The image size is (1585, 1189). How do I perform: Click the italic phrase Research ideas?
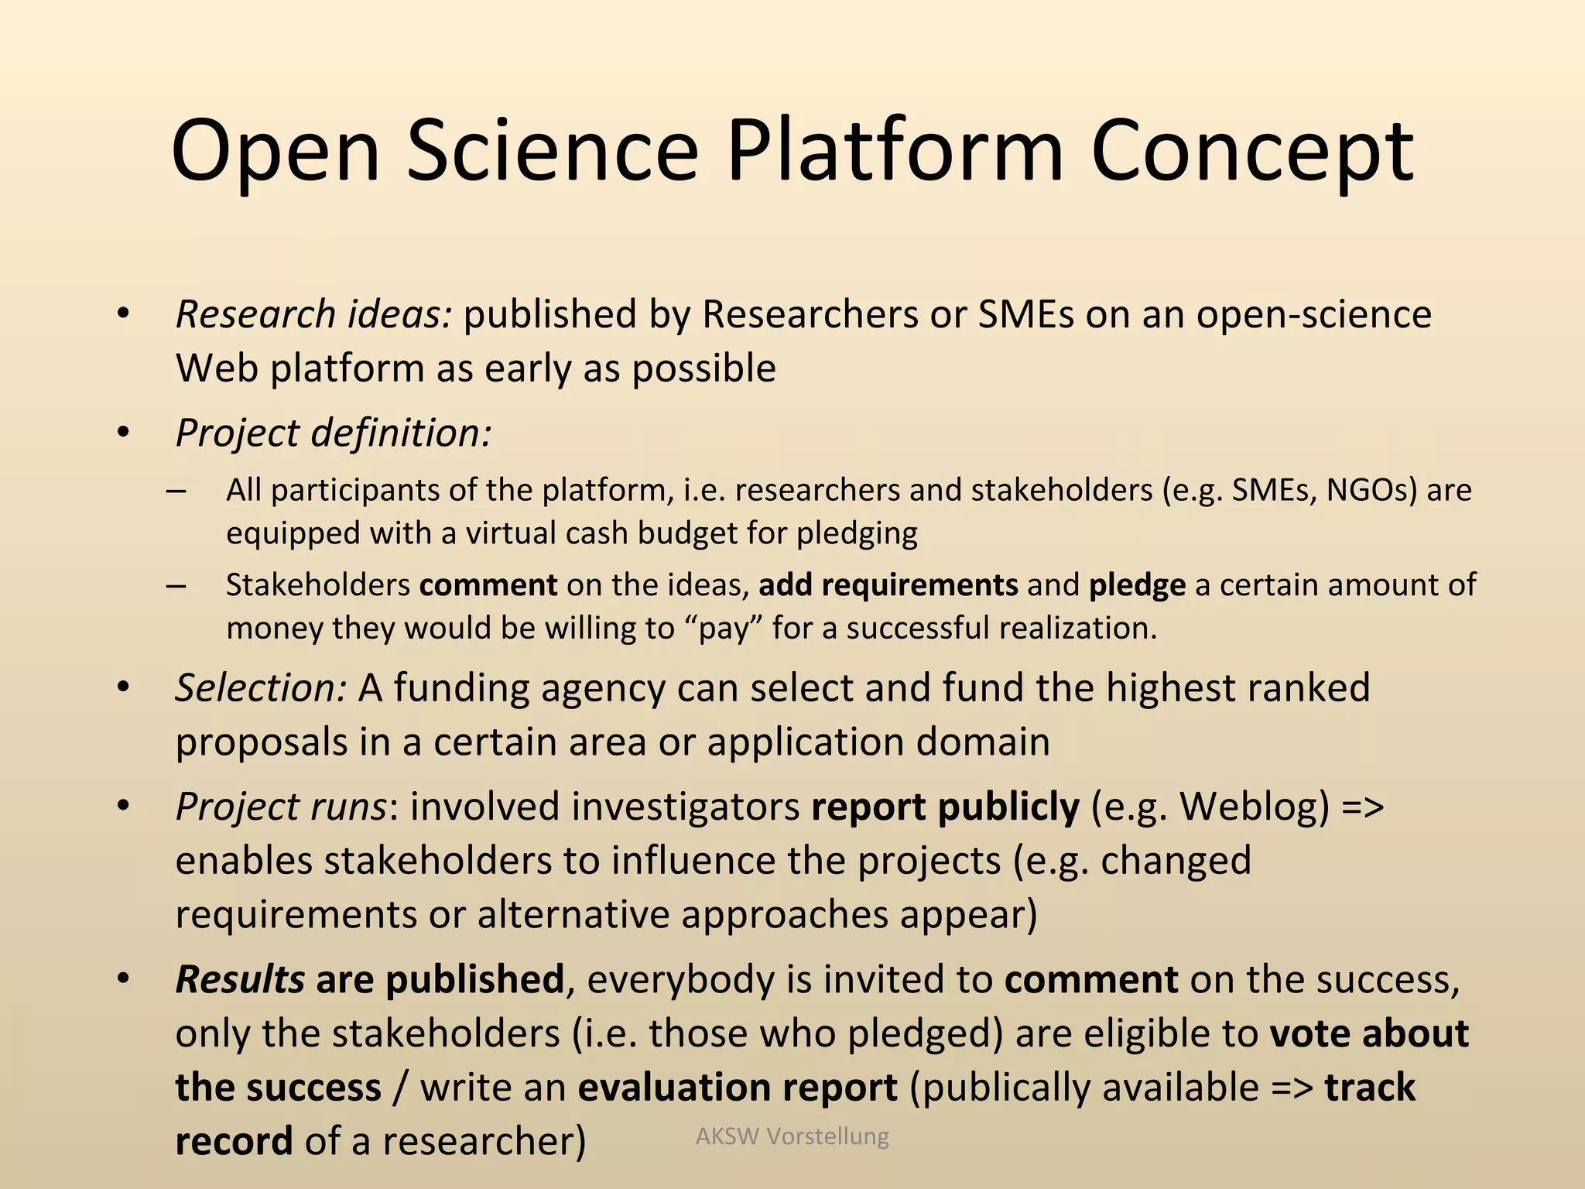click(313, 315)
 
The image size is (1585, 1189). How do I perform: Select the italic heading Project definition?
click(334, 433)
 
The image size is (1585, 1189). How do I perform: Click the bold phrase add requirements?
click(888, 585)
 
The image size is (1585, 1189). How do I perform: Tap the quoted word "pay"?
click(724, 629)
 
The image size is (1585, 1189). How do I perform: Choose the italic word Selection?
click(261, 688)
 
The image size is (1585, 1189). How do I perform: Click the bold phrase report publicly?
click(945, 807)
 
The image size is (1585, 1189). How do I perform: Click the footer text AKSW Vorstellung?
click(792, 1136)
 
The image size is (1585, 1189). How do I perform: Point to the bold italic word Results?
click(240, 980)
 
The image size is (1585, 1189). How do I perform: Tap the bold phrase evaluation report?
click(738, 1088)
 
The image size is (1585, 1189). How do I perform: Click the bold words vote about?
click(1369, 1034)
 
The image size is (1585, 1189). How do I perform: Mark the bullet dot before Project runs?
click(122, 806)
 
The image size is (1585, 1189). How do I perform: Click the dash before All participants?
click(176, 491)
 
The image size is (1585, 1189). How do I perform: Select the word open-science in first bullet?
click(1313, 315)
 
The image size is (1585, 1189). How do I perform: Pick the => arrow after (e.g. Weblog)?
click(1362, 807)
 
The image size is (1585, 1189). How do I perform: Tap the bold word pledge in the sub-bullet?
click(1136, 585)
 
